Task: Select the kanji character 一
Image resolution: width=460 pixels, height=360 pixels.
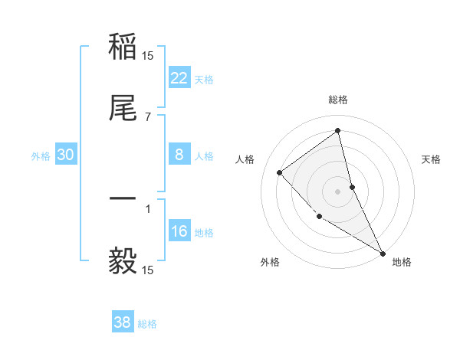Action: coord(123,199)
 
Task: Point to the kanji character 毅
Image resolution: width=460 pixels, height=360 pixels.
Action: coord(123,260)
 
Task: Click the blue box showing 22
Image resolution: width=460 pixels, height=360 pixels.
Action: coord(179,78)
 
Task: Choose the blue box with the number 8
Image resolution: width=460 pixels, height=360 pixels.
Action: coord(179,155)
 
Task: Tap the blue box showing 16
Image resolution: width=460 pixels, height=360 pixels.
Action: coord(179,231)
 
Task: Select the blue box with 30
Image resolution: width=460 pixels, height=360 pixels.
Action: coord(66,155)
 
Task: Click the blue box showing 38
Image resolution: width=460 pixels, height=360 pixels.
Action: coord(123,322)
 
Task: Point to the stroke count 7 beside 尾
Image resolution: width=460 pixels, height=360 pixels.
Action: coord(148,116)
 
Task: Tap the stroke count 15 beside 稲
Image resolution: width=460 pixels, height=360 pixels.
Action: coord(148,56)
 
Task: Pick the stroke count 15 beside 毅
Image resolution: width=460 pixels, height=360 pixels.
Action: coord(148,270)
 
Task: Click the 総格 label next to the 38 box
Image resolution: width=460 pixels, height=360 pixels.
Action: coord(147,324)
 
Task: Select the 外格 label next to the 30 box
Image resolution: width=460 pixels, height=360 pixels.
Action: coord(41,156)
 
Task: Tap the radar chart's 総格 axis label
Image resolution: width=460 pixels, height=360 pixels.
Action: coord(338,100)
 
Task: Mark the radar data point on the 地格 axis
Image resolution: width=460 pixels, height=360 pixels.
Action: coord(383,253)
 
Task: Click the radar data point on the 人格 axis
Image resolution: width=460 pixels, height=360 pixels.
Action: coord(280,172)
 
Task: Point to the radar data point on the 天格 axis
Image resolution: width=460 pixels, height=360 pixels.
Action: coord(352,187)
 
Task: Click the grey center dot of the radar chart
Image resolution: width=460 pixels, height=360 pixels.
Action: coord(338,191)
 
